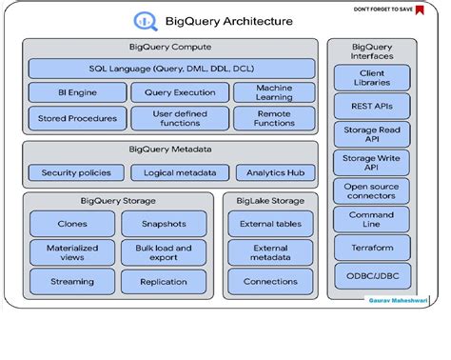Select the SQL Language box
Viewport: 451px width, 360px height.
pos(171,69)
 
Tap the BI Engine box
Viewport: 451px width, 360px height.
pos(75,93)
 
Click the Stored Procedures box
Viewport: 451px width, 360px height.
pos(75,118)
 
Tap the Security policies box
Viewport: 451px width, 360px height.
pos(75,172)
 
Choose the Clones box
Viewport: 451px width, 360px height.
pos(72,224)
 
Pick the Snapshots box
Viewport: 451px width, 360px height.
pos(163,224)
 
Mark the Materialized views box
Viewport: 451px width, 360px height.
pos(72,253)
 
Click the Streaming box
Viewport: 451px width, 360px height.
pos(72,282)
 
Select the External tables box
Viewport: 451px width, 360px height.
pos(270,224)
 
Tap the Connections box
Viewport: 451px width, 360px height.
pos(270,282)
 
